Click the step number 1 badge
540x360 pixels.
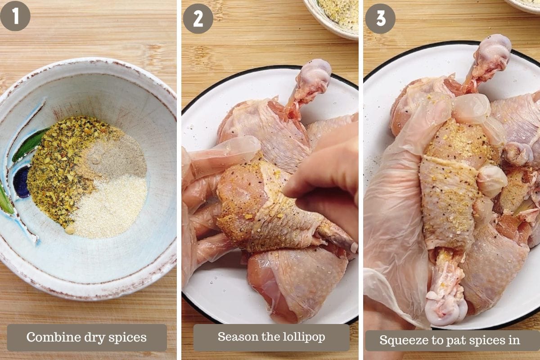[15, 16]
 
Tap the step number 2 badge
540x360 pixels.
[198, 18]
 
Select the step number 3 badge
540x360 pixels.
[380, 18]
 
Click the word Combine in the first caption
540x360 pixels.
[54, 337]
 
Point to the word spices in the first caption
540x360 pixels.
[127, 338]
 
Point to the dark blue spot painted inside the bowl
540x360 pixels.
[21, 181]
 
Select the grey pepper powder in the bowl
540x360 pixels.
[116, 157]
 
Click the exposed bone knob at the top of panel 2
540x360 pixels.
[313, 75]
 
